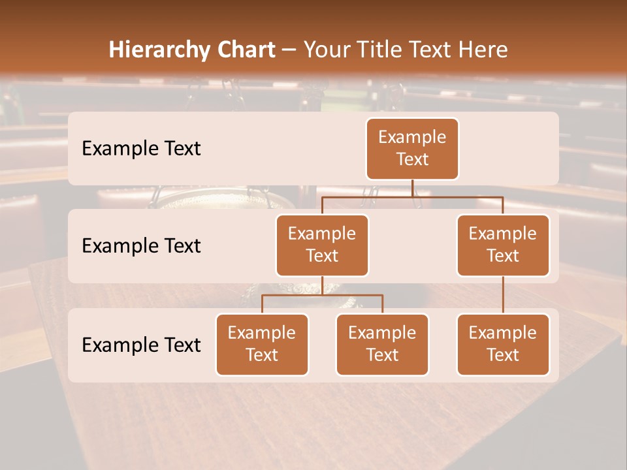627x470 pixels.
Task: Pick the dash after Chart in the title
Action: click(289, 51)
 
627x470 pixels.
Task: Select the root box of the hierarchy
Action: click(412, 149)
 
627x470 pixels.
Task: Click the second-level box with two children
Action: click(322, 245)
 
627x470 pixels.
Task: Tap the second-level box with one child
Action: click(503, 245)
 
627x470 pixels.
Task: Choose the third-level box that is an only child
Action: click(503, 345)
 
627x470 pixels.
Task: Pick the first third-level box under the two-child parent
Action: click(262, 345)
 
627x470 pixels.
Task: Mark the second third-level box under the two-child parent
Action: click(382, 345)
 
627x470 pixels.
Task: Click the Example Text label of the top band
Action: click(141, 149)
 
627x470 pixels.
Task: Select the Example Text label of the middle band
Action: click(141, 246)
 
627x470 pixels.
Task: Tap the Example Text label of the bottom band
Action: click(141, 345)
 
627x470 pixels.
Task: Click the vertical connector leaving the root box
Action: click(412, 188)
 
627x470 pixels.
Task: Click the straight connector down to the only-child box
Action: click(503, 295)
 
